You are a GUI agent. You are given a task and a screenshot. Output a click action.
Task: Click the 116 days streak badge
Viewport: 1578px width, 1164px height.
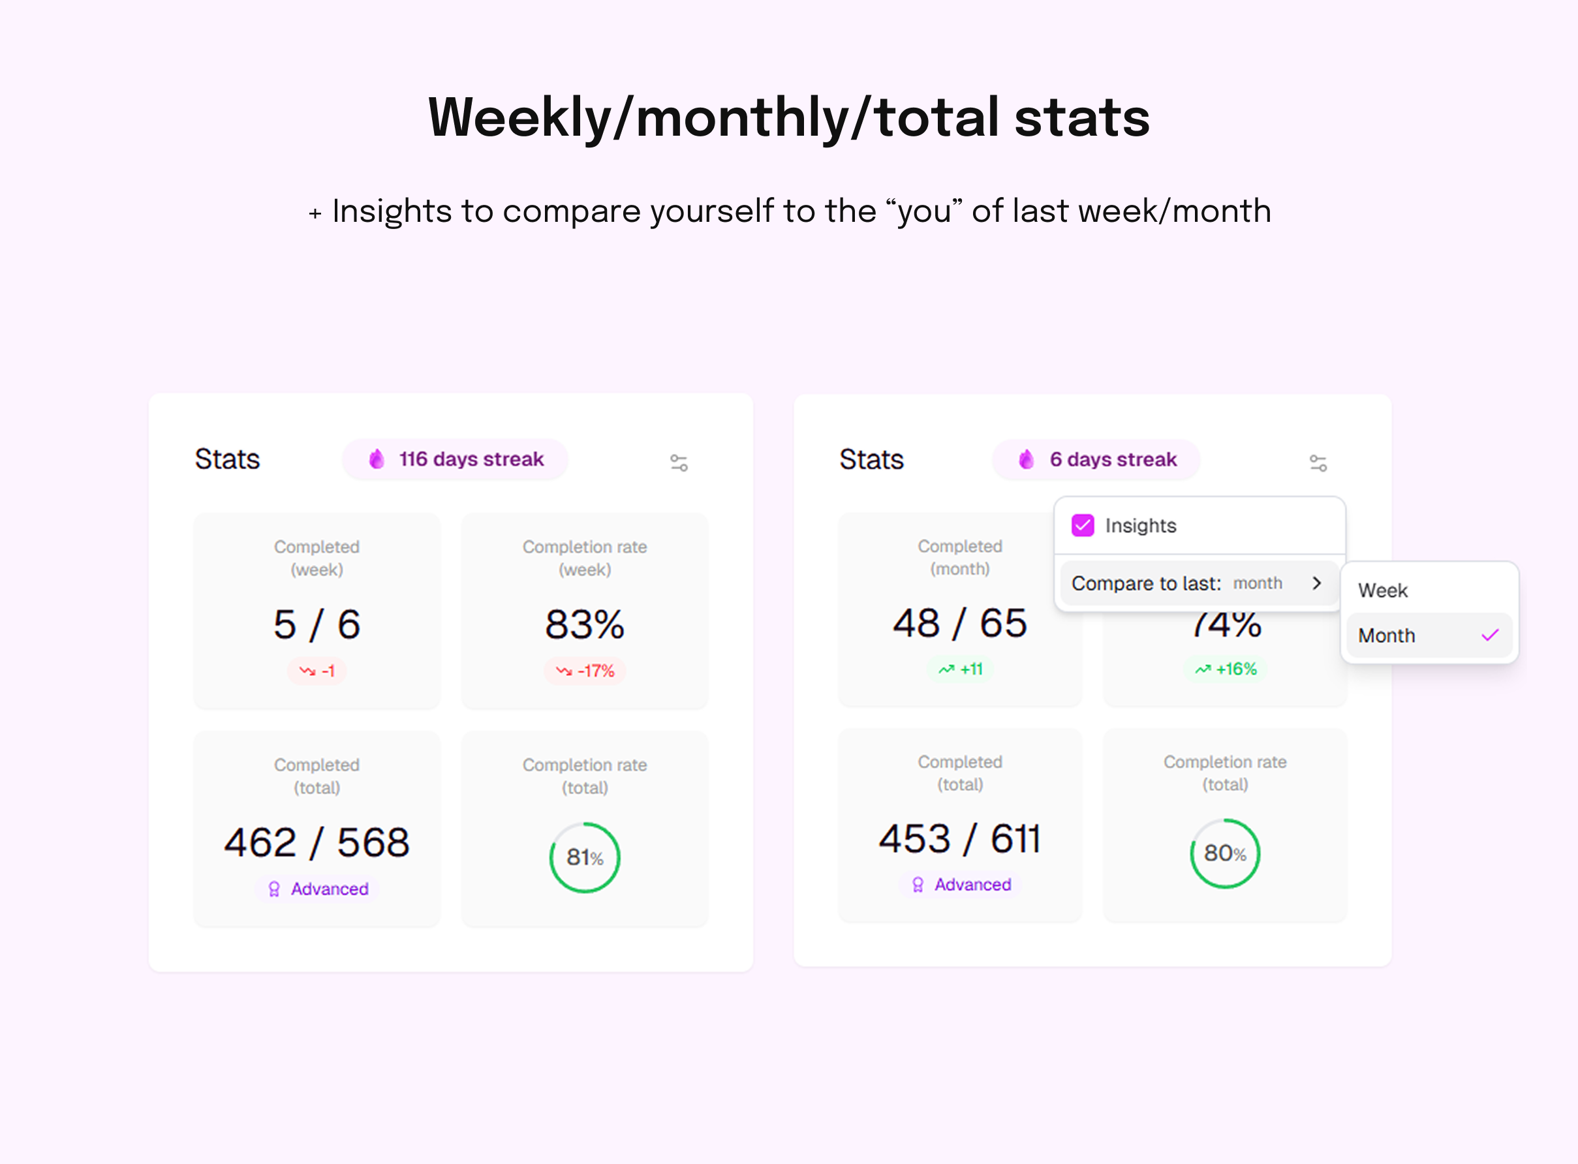coord(456,459)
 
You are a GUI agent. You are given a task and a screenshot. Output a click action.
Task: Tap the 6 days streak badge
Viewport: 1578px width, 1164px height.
coord(1096,459)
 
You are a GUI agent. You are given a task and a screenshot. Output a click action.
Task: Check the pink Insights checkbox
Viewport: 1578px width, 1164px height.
coord(1083,526)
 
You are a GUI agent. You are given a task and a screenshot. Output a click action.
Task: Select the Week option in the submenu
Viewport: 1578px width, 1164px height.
coord(1383,590)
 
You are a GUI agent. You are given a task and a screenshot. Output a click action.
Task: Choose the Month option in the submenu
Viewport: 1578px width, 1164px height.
coord(1387,636)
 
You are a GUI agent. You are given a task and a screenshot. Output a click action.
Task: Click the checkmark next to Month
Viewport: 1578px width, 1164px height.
coord(1490,636)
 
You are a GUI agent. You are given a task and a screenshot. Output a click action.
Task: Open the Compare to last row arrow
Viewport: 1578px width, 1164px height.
coord(1316,583)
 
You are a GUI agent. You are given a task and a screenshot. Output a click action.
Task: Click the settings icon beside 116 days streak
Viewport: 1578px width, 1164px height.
coord(679,463)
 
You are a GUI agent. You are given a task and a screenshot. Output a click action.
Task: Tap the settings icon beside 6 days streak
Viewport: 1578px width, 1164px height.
coord(1318,463)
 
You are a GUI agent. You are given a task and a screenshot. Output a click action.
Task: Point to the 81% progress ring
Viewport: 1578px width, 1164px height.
coord(584,857)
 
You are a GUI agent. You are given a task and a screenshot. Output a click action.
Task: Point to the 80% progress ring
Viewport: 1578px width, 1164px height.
coord(1225,853)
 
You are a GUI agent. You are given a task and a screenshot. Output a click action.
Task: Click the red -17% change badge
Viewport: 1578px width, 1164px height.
coord(585,671)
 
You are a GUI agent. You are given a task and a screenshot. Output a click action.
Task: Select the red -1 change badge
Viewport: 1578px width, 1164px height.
coord(317,671)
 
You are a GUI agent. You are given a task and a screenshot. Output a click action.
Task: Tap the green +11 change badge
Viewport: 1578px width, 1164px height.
coord(960,669)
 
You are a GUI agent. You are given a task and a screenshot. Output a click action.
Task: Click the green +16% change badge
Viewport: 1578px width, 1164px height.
coord(1226,669)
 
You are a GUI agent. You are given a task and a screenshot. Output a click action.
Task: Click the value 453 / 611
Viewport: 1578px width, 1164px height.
coord(959,838)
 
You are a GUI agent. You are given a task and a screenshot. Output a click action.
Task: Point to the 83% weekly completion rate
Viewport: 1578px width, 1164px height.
coord(584,624)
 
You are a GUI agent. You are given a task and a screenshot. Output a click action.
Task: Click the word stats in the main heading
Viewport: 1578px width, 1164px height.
coord(1082,117)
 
